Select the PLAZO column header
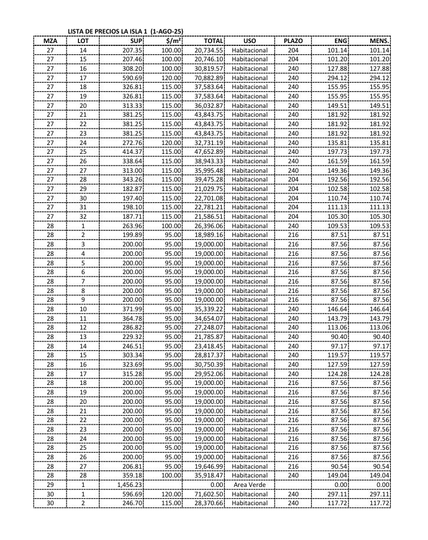coord(293,41)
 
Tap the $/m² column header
coord(173,41)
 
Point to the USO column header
coord(249,41)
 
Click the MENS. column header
coord(378,41)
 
